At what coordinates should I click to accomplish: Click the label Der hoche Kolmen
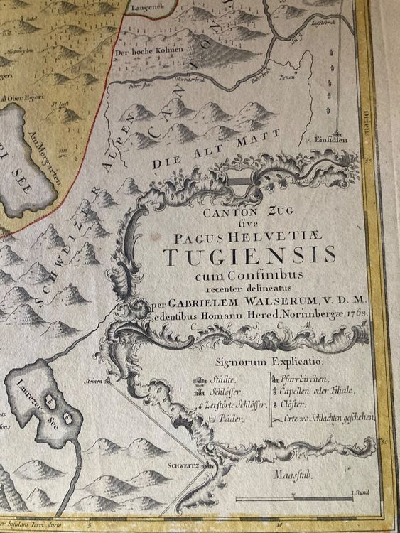(x=146, y=49)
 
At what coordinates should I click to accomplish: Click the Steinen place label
(x=95, y=381)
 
